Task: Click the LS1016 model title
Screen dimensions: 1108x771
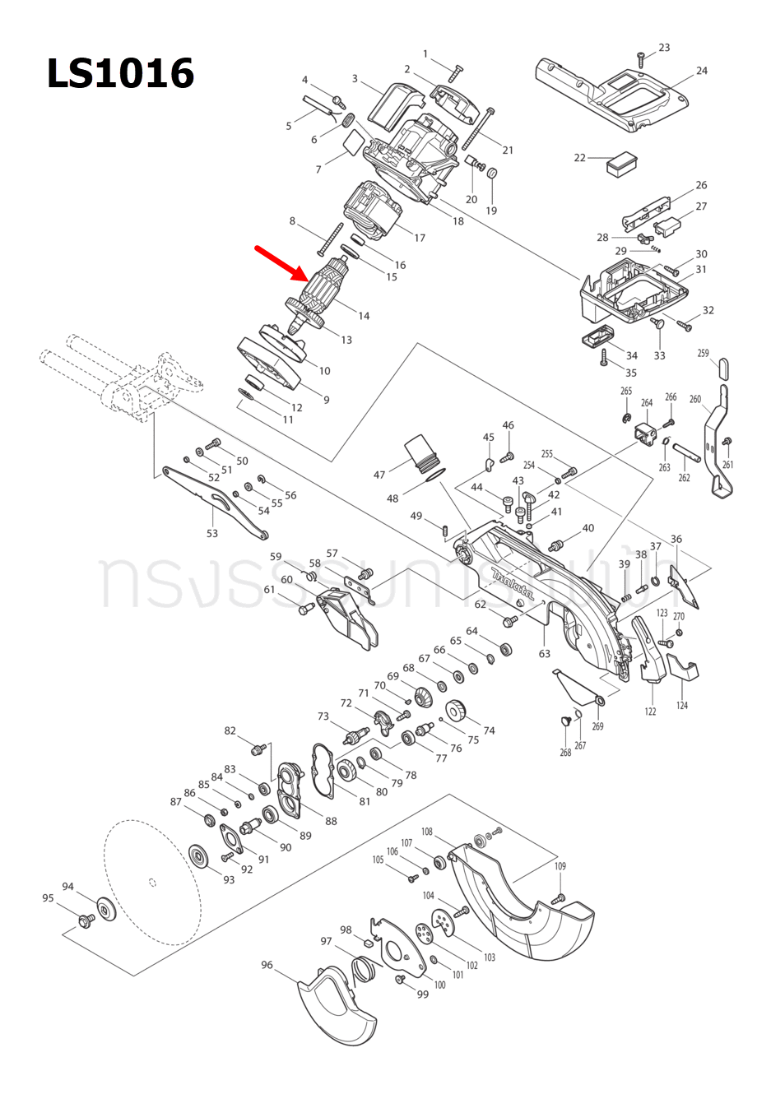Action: click(120, 74)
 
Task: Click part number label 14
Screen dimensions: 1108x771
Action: click(364, 316)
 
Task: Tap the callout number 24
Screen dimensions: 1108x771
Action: click(702, 71)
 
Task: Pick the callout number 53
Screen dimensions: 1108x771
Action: click(212, 534)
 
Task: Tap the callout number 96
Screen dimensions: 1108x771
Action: click(267, 965)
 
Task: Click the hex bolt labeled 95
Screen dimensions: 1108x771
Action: click(84, 919)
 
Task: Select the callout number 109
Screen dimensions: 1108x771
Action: click(560, 866)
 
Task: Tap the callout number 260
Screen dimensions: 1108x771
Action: click(695, 399)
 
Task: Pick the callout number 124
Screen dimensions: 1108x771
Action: click(682, 706)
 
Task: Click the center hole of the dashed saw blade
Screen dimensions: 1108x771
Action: click(152, 883)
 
